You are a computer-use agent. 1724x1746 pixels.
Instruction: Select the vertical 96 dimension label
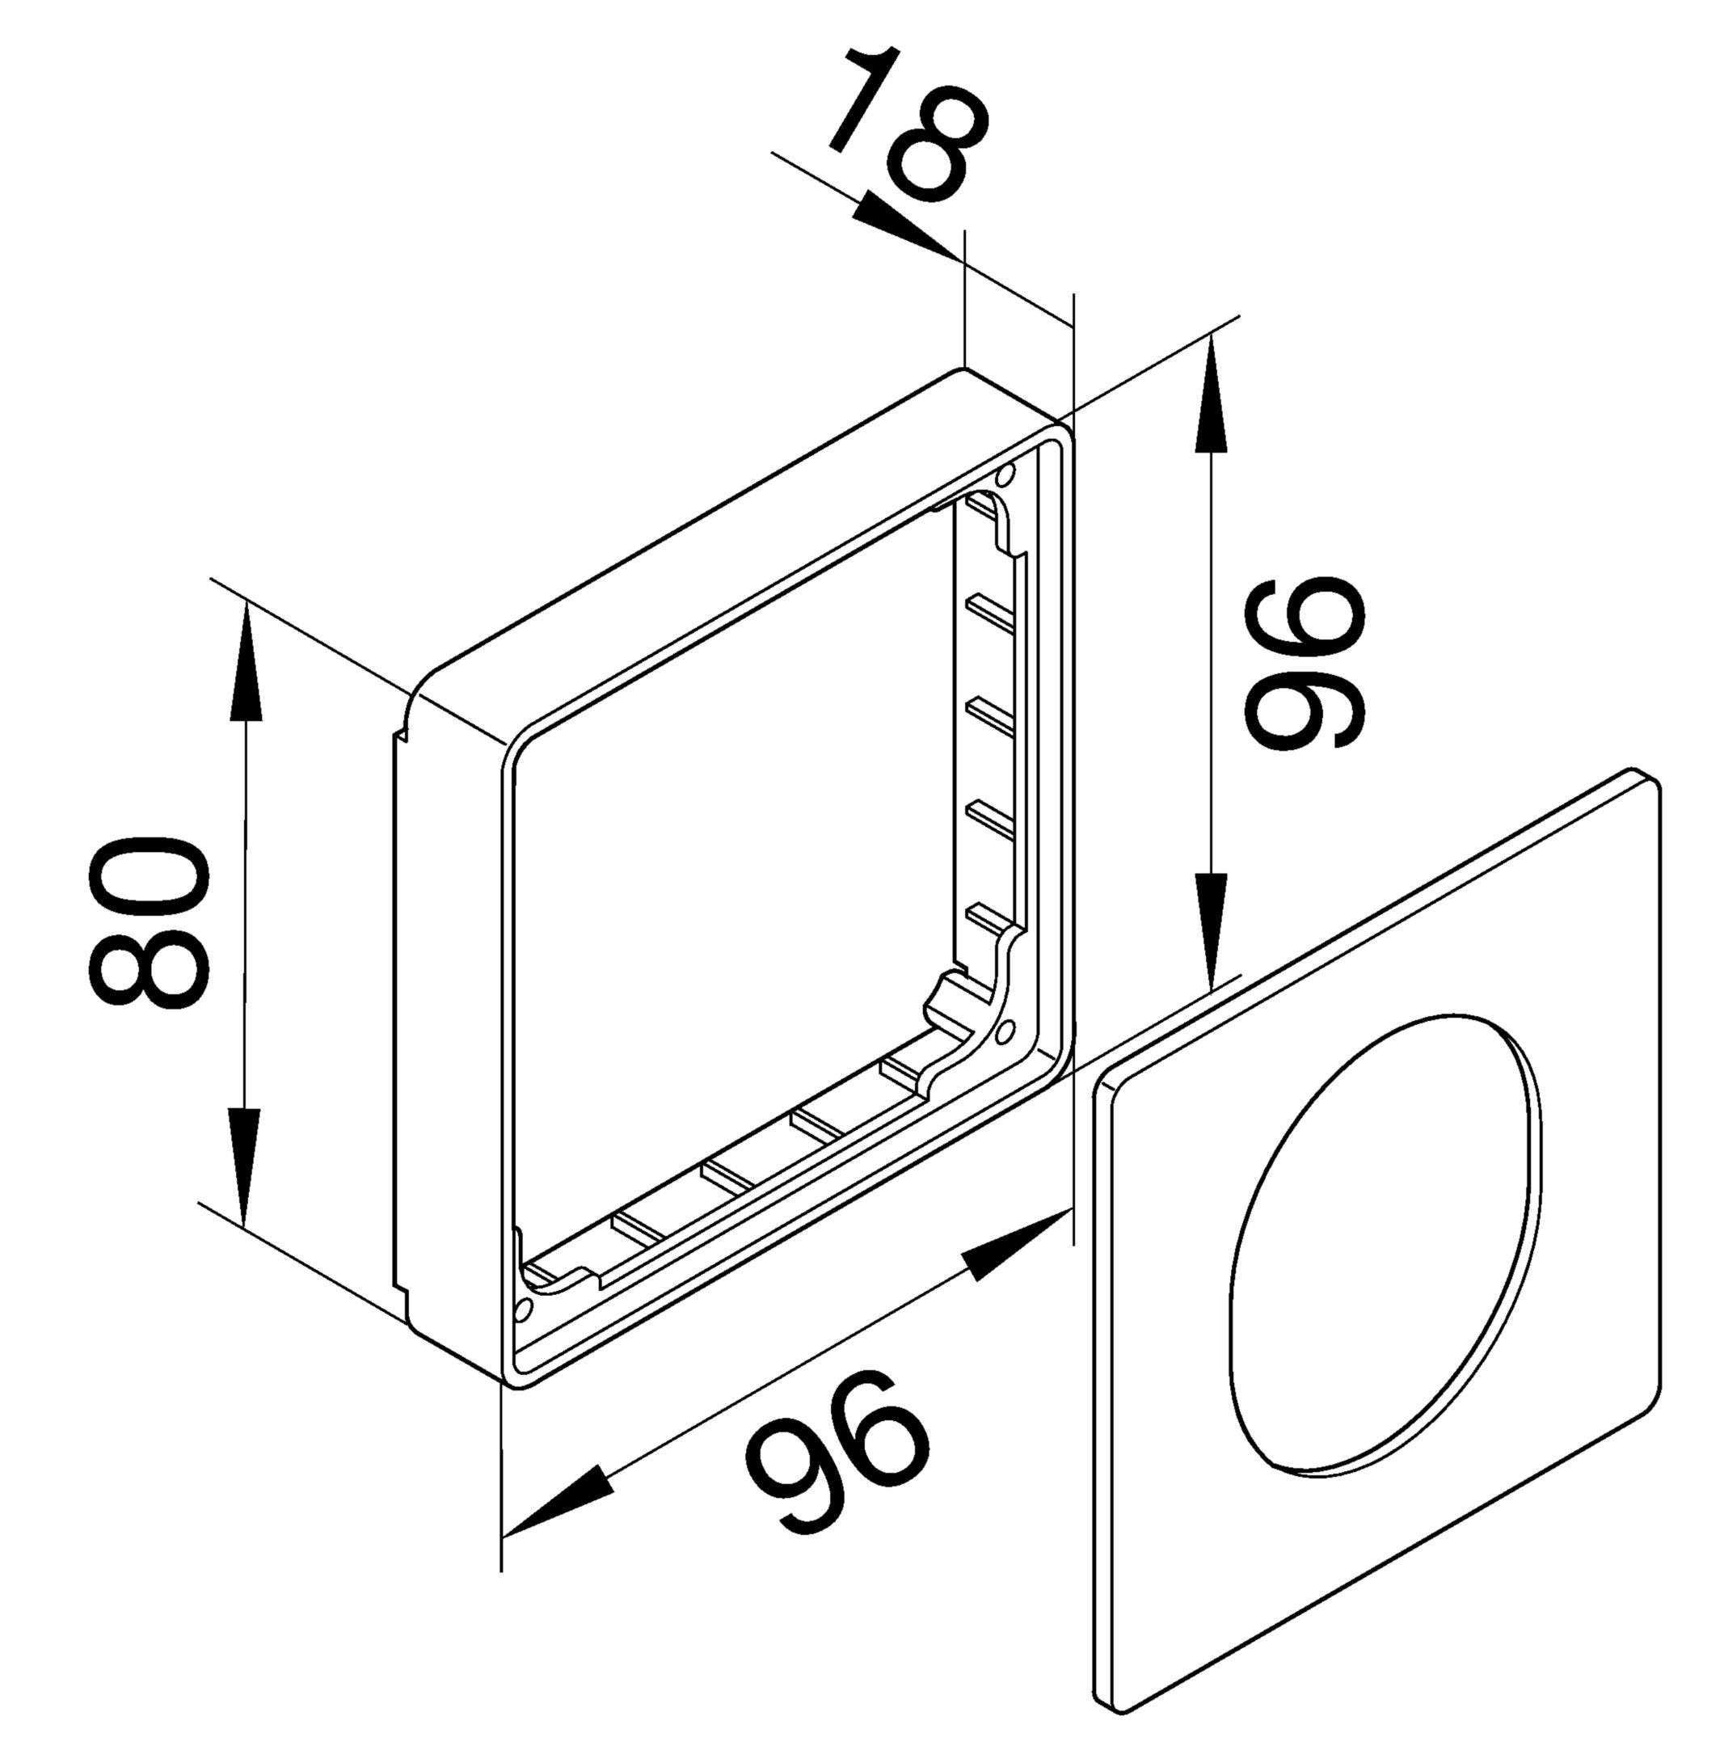click(1304, 663)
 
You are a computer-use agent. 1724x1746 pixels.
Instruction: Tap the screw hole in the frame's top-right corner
click(1004, 476)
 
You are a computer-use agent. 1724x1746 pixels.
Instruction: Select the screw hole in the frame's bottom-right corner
click(1005, 1031)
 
